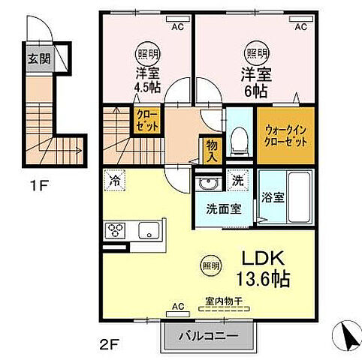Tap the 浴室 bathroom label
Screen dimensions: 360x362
(273, 199)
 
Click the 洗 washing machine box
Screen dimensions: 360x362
(238, 181)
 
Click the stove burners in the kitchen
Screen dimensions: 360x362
(118, 230)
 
